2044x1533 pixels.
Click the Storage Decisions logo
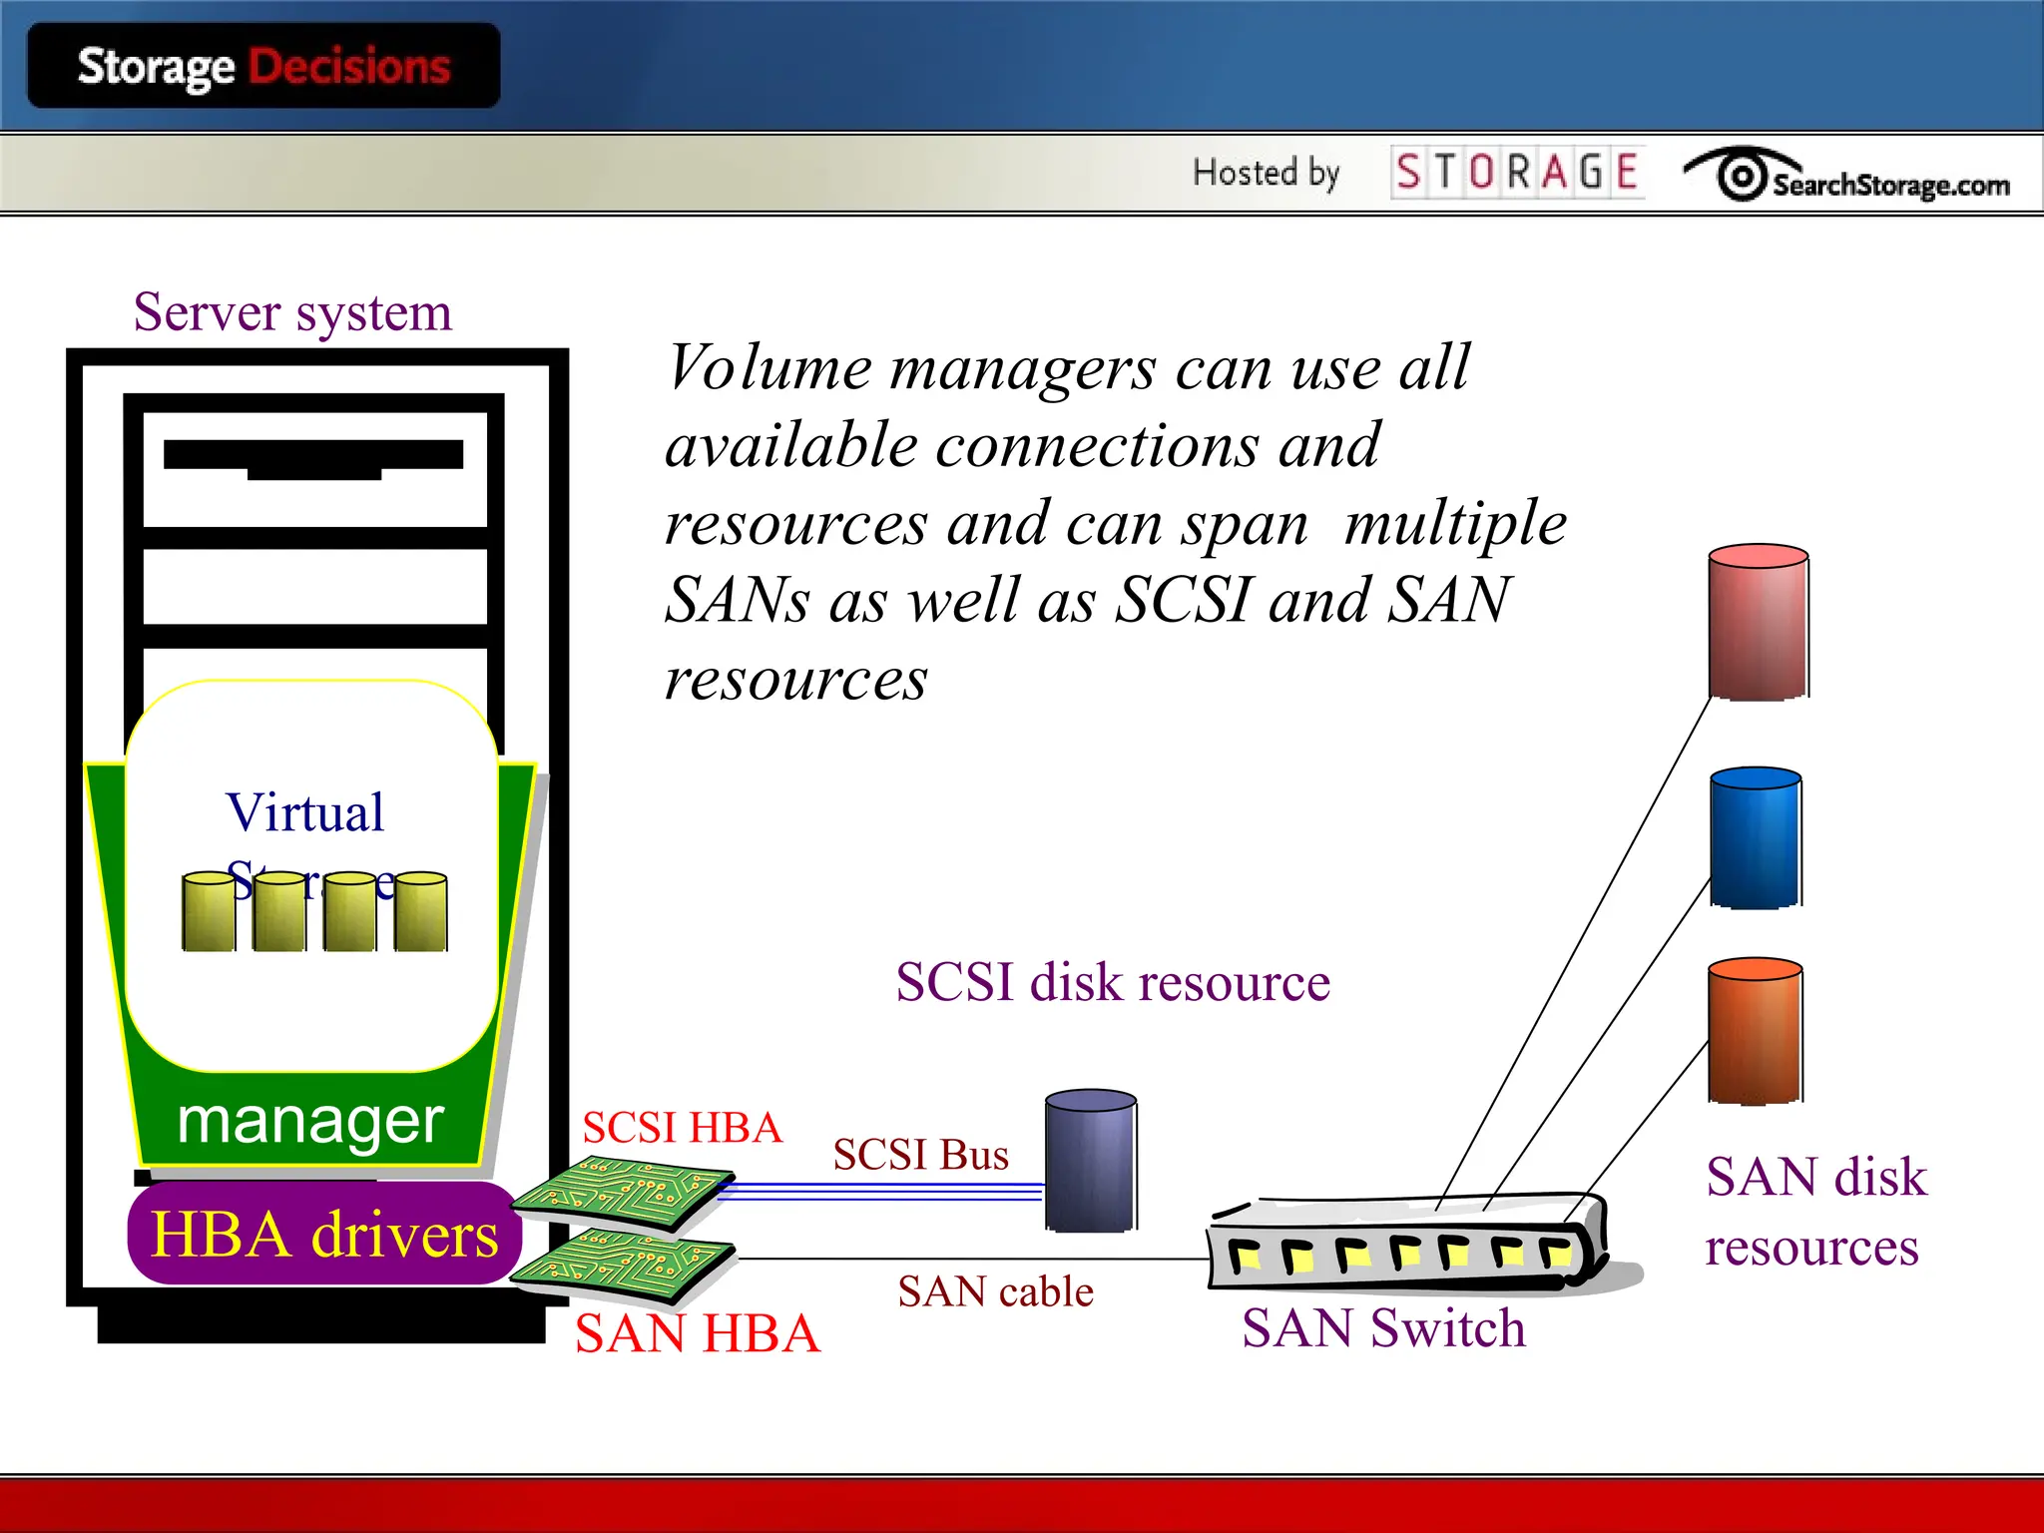tap(263, 67)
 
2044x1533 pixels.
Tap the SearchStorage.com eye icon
tap(1742, 176)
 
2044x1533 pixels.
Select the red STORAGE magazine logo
tap(1517, 172)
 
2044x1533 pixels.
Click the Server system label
tap(292, 312)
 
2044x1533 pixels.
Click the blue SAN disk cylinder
tap(1756, 837)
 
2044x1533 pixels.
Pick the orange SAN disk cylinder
tap(1755, 1031)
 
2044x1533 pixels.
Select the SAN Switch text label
tap(1383, 1328)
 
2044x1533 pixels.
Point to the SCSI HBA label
tap(683, 1128)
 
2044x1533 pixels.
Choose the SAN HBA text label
tap(697, 1333)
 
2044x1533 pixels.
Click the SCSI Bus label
tap(920, 1155)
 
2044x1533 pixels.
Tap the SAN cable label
tap(995, 1291)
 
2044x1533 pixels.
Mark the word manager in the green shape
tap(309, 1121)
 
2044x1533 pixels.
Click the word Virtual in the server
tap(304, 812)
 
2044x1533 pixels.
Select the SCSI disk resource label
tap(1112, 982)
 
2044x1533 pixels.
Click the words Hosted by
tap(1266, 173)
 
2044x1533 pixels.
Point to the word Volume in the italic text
tap(769, 367)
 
